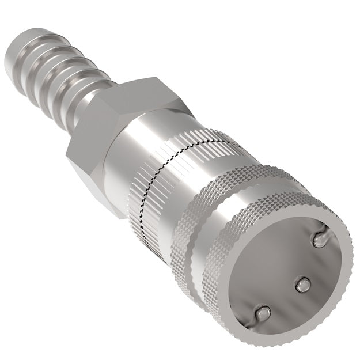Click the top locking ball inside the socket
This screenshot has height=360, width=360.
point(319,238)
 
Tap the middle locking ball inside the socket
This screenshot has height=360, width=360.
point(302,283)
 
